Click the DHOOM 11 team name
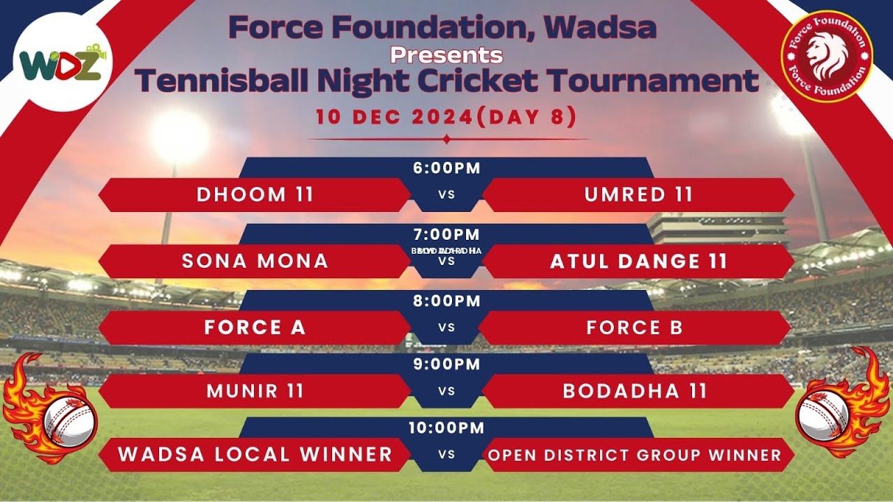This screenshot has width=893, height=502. point(255,195)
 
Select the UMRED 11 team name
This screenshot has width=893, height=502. point(638,195)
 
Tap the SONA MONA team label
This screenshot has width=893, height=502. point(255,261)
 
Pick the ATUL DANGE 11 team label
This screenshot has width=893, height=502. point(638,261)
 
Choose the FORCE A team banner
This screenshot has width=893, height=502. point(255,328)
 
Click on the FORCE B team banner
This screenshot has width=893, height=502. point(634,328)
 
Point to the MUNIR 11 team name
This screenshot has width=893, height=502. point(255,391)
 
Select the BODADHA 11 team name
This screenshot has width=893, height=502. point(635,391)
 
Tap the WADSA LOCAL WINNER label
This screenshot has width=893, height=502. point(255,455)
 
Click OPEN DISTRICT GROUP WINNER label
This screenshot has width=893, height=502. point(634,455)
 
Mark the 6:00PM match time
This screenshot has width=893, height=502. point(446,168)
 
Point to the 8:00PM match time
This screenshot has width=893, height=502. point(446,301)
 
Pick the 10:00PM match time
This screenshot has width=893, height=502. point(446,428)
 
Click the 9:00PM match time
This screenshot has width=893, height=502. point(446,364)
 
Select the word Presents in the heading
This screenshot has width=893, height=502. point(446,54)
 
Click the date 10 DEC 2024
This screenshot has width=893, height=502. point(394,117)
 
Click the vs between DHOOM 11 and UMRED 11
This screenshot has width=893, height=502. point(446,195)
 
